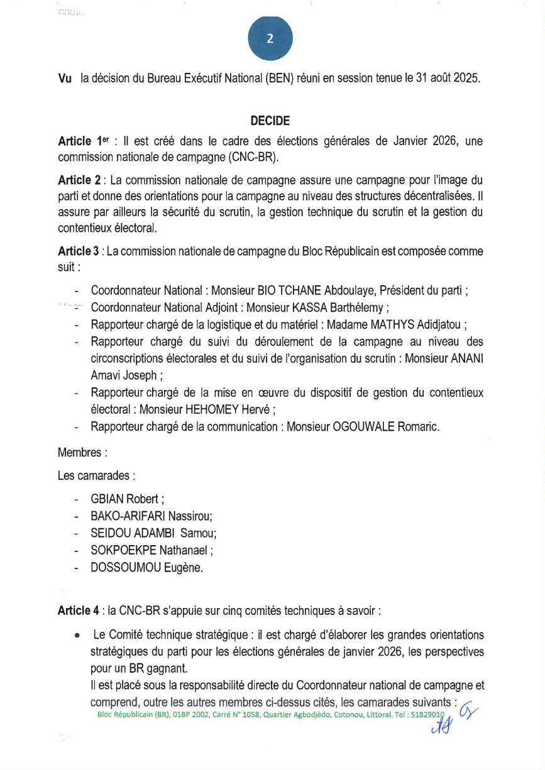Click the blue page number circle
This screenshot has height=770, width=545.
[270, 38]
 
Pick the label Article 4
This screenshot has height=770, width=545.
[80, 610]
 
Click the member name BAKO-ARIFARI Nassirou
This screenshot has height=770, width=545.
[151, 516]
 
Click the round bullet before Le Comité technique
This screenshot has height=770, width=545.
[76, 636]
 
